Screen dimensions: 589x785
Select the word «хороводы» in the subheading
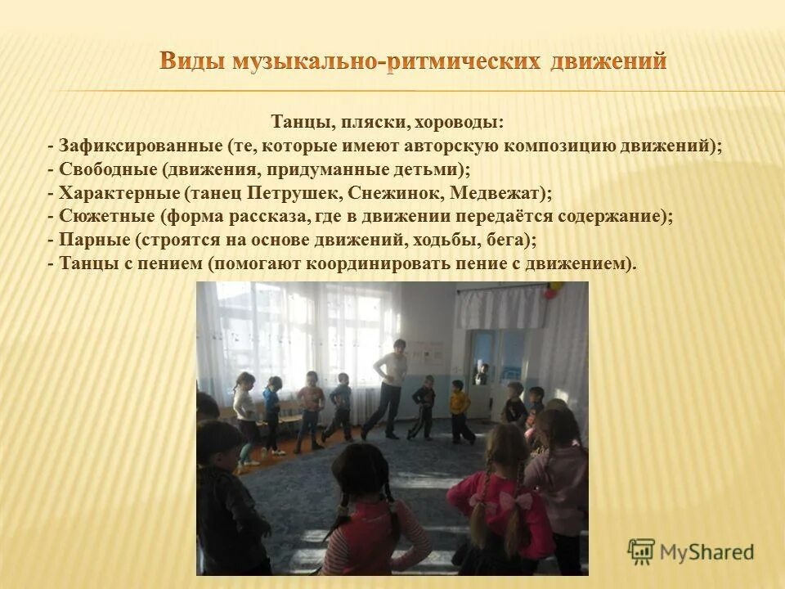[x=459, y=123]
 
